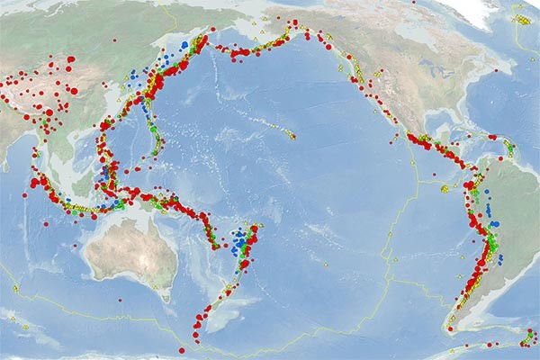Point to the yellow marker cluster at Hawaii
click(290, 135)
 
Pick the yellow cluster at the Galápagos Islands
click(445, 188)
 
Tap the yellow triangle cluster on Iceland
click(521, 18)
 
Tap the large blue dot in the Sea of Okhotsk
click(184, 43)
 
